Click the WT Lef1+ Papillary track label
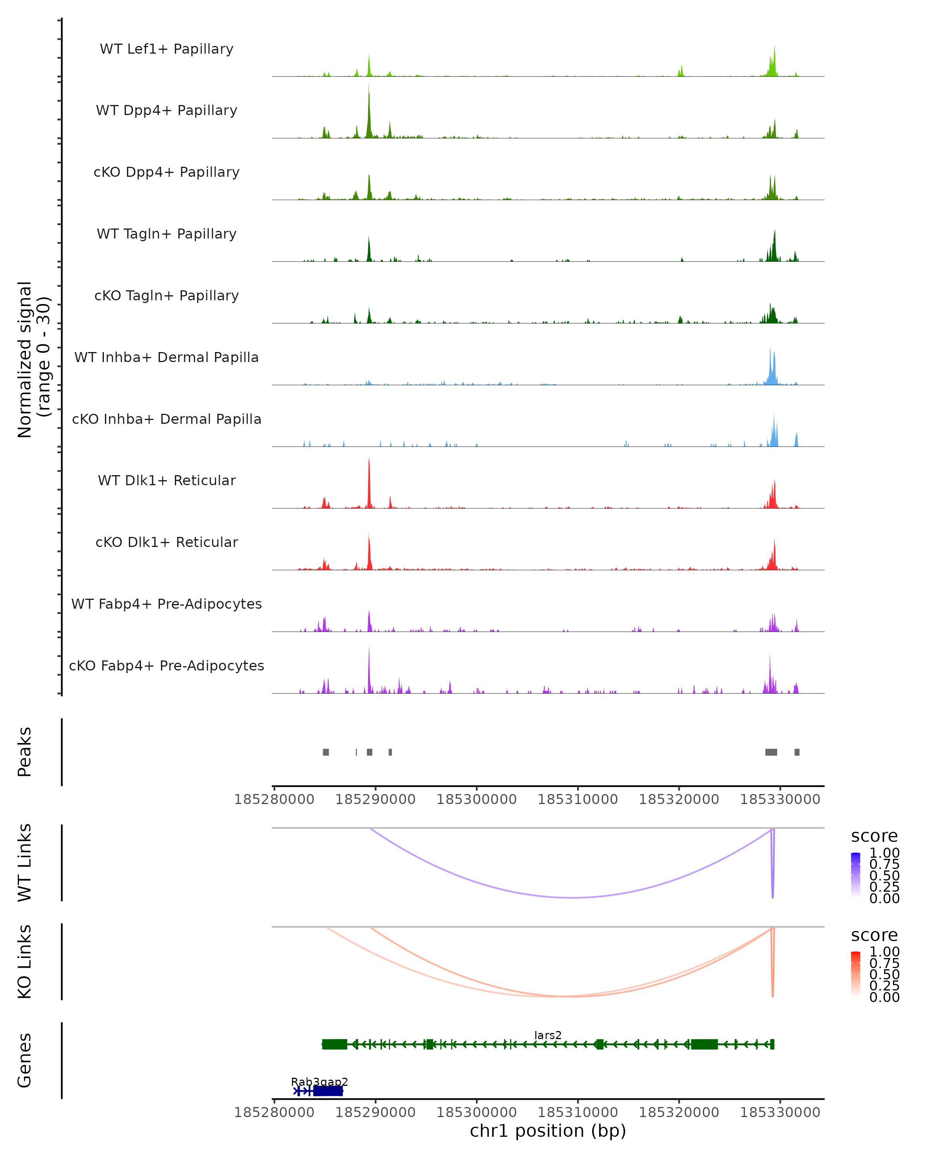[166, 49]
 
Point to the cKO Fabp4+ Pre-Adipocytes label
[166, 665]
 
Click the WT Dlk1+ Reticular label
[166, 480]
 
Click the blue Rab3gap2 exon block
[328, 1091]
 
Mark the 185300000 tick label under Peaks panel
[476, 799]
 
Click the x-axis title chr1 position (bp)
[548, 1131]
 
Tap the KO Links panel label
[25, 962]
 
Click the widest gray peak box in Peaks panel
[771, 752]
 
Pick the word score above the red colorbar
[874, 935]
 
